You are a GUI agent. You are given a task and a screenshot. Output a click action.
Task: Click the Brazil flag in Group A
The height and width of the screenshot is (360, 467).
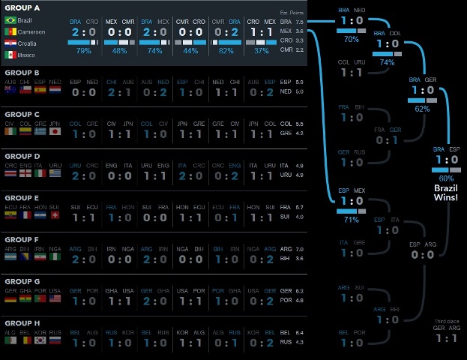[9, 20]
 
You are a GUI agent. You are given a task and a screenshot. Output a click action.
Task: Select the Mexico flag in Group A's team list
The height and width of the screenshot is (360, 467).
[9, 54]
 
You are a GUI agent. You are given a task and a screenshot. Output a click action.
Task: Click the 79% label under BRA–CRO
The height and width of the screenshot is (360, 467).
[83, 51]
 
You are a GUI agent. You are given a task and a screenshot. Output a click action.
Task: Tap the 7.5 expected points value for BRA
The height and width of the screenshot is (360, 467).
[299, 22]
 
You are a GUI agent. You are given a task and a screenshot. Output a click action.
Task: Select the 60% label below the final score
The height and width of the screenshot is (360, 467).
[446, 178]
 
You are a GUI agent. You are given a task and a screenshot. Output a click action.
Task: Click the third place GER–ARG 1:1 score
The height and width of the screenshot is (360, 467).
[446, 338]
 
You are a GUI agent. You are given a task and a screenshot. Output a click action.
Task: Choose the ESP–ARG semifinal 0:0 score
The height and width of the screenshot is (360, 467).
[423, 254]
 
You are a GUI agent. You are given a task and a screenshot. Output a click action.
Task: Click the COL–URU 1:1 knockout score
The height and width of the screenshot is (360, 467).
[352, 72]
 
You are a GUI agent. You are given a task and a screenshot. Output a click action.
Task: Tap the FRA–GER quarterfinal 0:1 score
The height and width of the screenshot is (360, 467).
[387, 139]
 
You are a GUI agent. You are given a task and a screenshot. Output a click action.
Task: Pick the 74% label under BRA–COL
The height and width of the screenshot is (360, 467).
[387, 62]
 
